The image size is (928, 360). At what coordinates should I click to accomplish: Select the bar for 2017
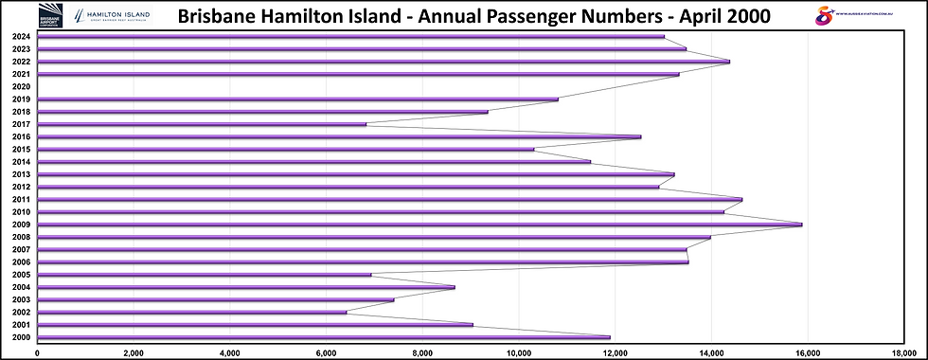[201, 124]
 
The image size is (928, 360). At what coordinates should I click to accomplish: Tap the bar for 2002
[191, 312]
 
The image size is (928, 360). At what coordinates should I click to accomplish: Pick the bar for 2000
[322, 337]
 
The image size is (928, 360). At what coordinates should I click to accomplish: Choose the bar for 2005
[204, 275]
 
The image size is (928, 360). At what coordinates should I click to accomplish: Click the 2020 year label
[20, 86]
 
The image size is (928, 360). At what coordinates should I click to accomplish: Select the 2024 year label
[20, 36]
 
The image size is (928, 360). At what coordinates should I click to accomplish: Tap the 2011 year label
[20, 199]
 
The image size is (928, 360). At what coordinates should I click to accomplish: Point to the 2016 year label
[20, 136]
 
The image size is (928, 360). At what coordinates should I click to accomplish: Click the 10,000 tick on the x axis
[519, 352]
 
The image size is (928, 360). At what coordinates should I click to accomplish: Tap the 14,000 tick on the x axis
[711, 352]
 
